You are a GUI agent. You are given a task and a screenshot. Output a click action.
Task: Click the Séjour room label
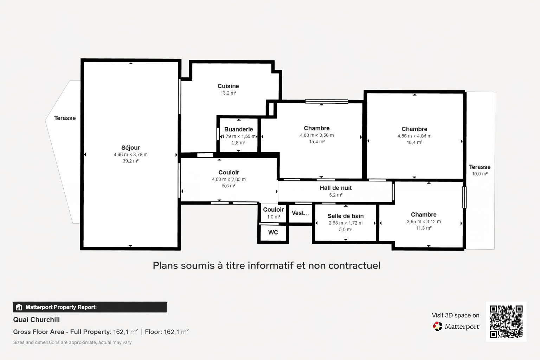[131, 148]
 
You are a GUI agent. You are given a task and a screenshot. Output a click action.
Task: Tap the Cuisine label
[228, 86]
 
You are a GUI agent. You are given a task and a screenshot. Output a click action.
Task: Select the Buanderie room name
[239, 129]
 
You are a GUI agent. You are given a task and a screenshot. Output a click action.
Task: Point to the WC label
[273, 232]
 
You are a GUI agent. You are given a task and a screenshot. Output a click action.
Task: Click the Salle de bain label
[346, 216]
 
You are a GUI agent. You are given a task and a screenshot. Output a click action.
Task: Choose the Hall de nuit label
[336, 188]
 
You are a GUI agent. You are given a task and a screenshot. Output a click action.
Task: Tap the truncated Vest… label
[301, 213]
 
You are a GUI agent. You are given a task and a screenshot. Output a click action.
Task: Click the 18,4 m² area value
[414, 142]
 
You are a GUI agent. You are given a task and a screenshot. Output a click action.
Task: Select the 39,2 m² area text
[131, 161]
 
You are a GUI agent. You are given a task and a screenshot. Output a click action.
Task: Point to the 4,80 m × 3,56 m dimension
[317, 135]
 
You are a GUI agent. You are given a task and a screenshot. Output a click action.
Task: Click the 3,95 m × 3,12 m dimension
[424, 221]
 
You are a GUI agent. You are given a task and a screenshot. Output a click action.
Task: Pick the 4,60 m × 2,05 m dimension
[229, 179]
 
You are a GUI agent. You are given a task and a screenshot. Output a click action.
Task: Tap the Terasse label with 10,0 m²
[480, 167]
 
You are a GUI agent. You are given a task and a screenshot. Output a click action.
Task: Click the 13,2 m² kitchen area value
[228, 93]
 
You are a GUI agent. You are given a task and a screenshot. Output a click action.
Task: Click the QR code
[506, 322]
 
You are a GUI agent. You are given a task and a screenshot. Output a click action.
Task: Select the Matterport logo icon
[438, 327]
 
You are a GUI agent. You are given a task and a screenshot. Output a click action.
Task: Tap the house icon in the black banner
[19, 307]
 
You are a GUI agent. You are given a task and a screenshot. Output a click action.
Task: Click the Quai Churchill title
[37, 320]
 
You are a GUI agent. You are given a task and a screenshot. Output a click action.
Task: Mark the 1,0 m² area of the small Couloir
[274, 217]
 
